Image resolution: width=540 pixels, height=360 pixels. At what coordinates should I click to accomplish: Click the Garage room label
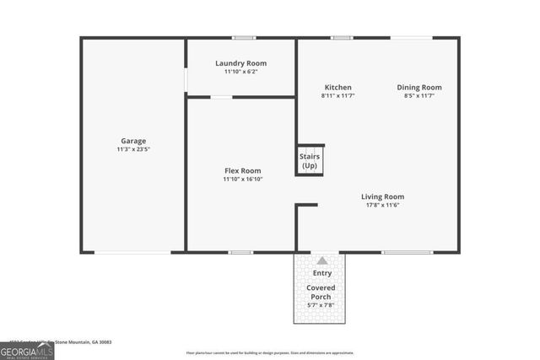[x=132, y=141]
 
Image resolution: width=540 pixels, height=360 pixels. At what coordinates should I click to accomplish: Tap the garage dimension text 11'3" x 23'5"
[x=132, y=149]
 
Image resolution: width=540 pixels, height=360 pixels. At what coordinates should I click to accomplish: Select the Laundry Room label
[x=240, y=63]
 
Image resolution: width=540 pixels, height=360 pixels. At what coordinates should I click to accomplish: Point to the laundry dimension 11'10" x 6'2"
[x=240, y=72]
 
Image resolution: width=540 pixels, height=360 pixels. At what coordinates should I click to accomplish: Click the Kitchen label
[x=337, y=87]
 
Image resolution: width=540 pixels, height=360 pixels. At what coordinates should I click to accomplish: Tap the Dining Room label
[x=419, y=87]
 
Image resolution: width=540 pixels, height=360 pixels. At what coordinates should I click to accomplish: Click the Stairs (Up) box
[x=310, y=160]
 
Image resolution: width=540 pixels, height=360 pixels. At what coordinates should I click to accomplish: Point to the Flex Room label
[x=242, y=170]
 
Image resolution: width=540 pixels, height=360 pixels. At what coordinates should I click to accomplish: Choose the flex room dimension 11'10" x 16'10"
[x=242, y=179]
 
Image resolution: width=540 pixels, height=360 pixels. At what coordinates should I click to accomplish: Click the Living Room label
[x=383, y=196]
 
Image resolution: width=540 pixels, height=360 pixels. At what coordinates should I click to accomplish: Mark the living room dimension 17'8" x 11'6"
[x=383, y=205]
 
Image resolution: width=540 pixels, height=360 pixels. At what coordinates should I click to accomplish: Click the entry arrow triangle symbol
[x=321, y=261]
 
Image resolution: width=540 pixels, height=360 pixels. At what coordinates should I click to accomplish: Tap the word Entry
[x=321, y=273]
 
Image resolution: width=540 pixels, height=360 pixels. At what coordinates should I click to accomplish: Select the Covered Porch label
[x=321, y=293]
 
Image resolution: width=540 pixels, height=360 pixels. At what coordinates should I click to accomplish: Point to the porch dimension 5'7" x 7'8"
[x=321, y=305]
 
